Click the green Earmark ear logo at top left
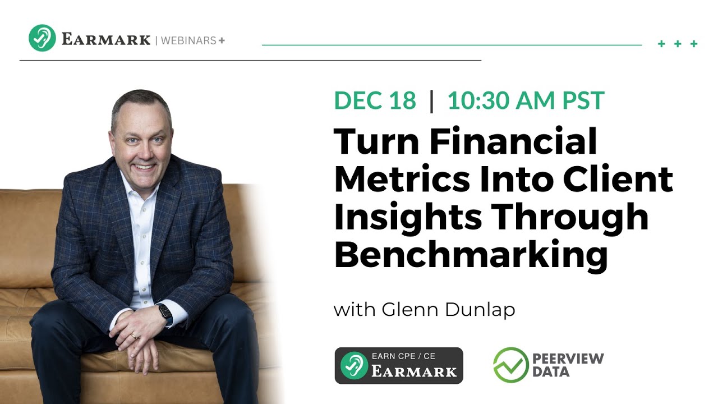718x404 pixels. click(x=42, y=38)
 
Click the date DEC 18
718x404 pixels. click(x=375, y=101)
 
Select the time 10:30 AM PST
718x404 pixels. click(x=526, y=101)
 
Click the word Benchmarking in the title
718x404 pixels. click(x=471, y=255)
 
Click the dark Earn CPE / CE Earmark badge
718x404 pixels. click(x=399, y=365)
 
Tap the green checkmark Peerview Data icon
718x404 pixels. click(x=510, y=365)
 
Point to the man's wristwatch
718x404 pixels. click(x=165, y=313)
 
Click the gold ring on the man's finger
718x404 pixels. click(x=133, y=336)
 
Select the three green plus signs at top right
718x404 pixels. click(x=678, y=44)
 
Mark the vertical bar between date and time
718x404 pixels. click(x=431, y=101)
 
